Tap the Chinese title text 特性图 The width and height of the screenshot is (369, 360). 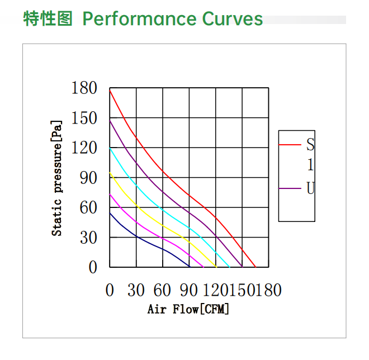click(48, 19)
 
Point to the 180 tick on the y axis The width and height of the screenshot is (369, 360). click(84, 88)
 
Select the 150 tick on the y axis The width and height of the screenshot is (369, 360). click(84, 119)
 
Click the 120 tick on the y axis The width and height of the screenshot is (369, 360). click(84, 148)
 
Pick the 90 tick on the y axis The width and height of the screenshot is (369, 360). click(88, 178)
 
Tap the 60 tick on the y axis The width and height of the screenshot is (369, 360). click(88, 208)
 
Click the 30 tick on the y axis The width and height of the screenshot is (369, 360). click(88, 238)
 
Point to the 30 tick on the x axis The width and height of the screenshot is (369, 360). click(136, 290)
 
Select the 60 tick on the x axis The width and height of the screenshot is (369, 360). click(162, 290)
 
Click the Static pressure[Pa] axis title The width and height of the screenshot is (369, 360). click(57, 178)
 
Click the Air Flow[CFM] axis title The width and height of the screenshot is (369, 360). click(188, 309)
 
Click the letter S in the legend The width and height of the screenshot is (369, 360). click(310, 145)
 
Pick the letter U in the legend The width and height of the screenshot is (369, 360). click(310, 188)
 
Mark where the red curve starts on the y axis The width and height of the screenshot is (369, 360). click(110, 91)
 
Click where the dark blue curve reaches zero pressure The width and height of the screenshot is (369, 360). click(190, 267)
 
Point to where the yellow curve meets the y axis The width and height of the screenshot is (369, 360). click(110, 173)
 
